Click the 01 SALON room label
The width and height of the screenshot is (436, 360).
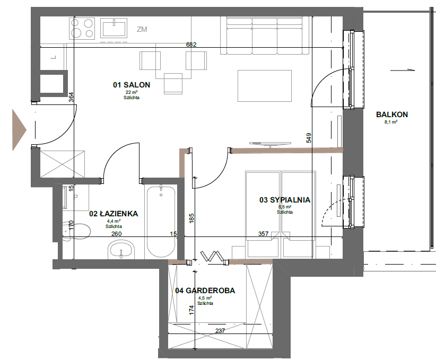(132, 85)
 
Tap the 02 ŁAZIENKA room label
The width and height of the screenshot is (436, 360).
(114, 214)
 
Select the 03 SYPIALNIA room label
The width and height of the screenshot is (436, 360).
(285, 200)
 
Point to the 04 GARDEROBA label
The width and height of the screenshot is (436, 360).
(205, 291)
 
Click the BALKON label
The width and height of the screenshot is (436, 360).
(392, 114)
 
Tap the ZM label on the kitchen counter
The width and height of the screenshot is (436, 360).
(142, 29)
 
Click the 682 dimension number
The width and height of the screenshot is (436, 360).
(191, 45)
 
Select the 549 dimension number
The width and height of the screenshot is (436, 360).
(309, 138)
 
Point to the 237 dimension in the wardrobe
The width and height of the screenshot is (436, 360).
(220, 330)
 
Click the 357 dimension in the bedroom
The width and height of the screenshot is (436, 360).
(263, 234)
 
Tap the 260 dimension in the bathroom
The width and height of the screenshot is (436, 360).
(116, 234)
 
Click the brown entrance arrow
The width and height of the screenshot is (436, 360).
(19, 130)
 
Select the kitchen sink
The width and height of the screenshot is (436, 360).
(114, 28)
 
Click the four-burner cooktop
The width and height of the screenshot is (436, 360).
(82, 28)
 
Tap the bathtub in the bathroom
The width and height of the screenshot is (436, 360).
(161, 222)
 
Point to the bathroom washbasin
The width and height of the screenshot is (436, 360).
(121, 249)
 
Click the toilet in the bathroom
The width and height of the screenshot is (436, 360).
(76, 231)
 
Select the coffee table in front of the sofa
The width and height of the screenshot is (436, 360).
(265, 86)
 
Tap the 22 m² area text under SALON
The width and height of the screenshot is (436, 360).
(132, 92)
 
